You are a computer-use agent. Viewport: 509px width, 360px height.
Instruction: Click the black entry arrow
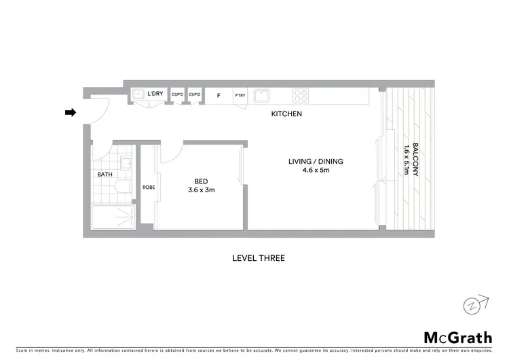click(70, 113)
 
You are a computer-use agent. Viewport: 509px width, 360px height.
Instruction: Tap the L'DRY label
click(155, 93)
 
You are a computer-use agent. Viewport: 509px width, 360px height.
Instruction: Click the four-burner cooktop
click(301, 96)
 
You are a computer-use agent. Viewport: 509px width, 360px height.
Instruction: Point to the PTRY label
click(240, 96)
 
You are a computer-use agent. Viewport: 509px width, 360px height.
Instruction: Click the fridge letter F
click(218, 96)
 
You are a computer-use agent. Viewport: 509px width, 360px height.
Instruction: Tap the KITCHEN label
click(286, 114)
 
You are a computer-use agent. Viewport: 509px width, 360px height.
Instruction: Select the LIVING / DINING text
click(315, 161)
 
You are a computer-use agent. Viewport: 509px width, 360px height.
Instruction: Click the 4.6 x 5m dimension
click(315, 170)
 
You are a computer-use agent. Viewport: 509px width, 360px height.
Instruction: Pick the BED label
click(201, 181)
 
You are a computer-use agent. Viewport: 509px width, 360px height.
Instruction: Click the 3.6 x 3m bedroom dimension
click(201, 190)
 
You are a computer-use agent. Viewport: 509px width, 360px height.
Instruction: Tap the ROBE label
click(149, 187)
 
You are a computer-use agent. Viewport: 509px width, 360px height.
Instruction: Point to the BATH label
click(105, 175)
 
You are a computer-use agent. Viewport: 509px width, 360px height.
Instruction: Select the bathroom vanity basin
click(126, 162)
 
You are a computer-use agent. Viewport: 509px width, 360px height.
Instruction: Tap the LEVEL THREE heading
click(258, 258)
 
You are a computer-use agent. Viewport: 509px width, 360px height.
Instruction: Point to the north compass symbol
click(474, 305)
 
